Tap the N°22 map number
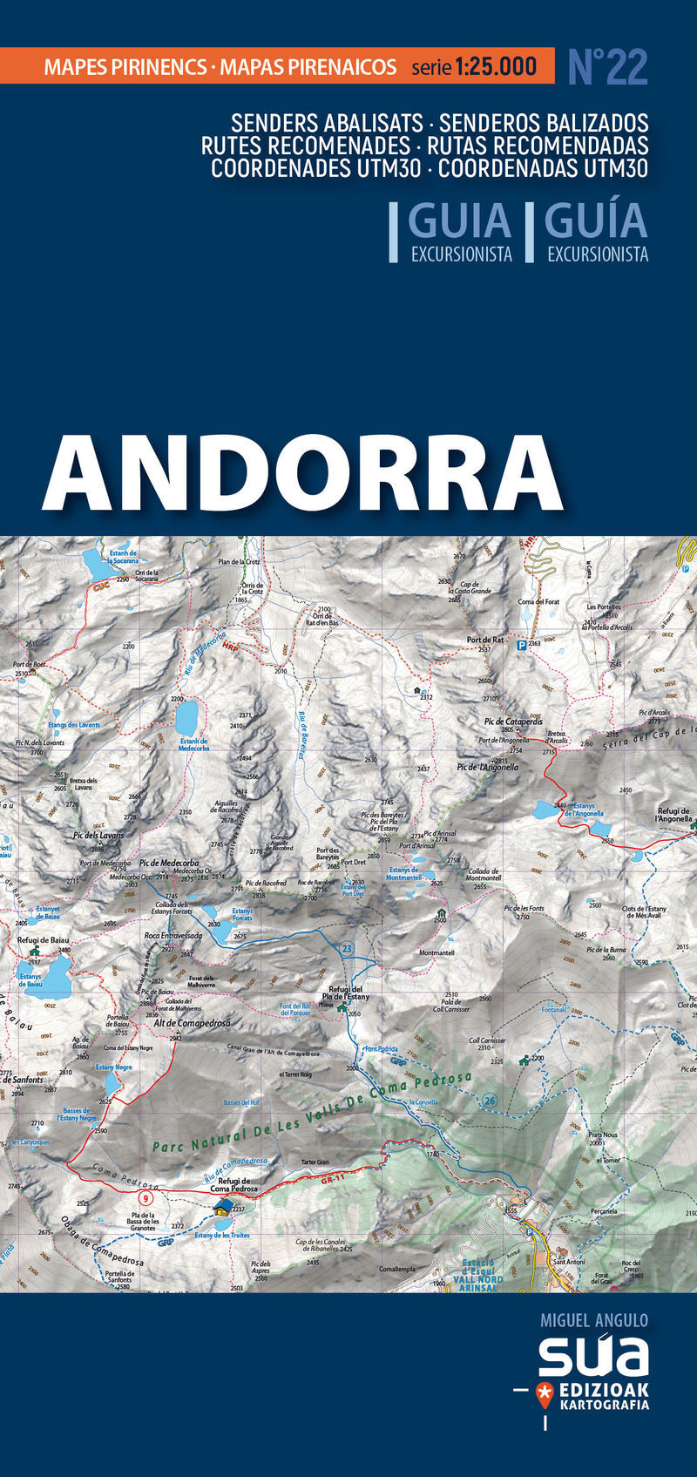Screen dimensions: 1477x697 (x=607, y=67)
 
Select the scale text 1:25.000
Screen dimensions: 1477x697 (x=495, y=66)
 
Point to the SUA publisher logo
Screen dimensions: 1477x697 (x=593, y=1356)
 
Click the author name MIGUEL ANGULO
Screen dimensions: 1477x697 (x=594, y=1320)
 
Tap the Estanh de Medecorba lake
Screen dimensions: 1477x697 (x=186, y=717)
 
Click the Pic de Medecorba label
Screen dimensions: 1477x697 (x=169, y=864)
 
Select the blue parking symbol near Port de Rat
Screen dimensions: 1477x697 (x=522, y=645)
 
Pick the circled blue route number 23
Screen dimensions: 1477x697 (x=347, y=948)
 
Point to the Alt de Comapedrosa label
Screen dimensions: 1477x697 (x=192, y=1023)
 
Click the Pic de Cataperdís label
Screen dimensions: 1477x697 (x=513, y=722)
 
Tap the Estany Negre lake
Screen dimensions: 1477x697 (x=112, y=1082)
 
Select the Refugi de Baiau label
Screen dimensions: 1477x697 (x=43, y=940)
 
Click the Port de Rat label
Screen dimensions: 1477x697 (x=485, y=640)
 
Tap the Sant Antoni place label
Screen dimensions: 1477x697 (x=569, y=1261)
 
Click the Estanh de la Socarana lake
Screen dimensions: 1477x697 (x=92, y=565)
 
